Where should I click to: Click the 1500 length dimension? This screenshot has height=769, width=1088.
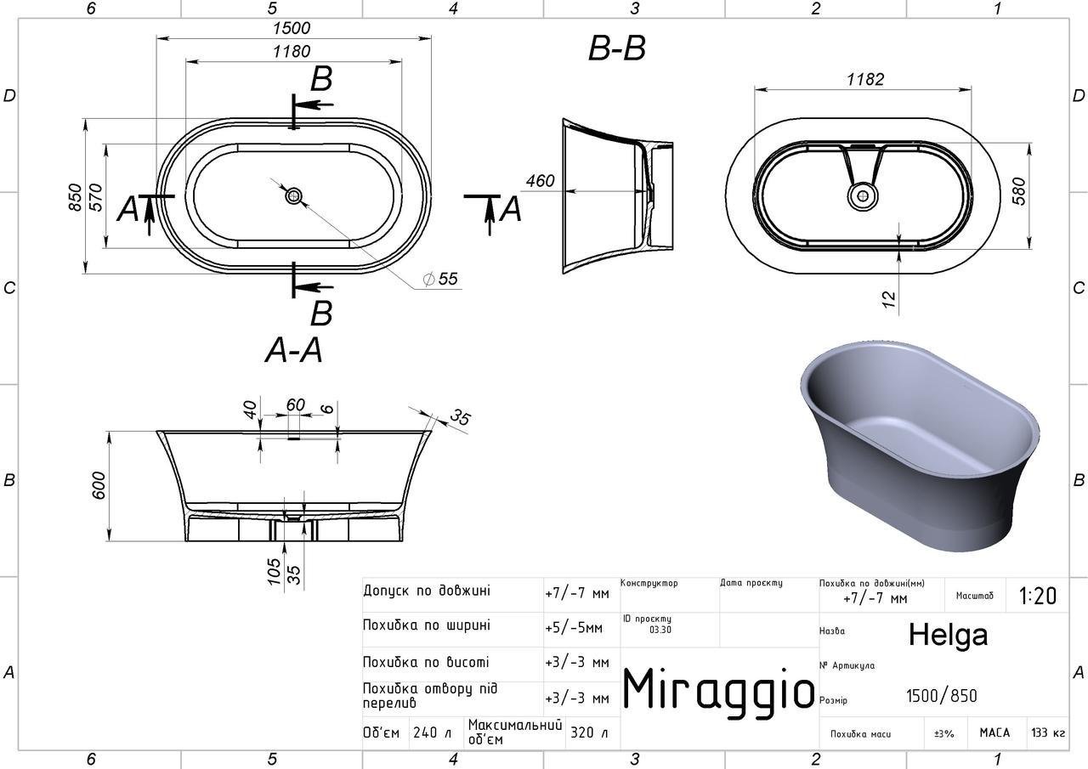pyautogui.click(x=292, y=28)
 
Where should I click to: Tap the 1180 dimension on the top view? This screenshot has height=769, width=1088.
pyautogui.click(x=292, y=52)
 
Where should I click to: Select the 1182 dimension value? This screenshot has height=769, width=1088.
pyautogui.click(x=865, y=79)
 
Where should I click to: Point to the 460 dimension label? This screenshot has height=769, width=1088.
pyautogui.click(x=540, y=181)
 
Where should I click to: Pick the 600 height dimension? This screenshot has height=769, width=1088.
pyautogui.click(x=98, y=485)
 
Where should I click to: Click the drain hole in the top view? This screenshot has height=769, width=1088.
pyautogui.click(x=293, y=196)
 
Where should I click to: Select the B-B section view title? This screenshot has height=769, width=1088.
pyautogui.click(x=617, y=48)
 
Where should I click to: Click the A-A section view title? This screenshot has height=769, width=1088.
pyautogui.click(x=294, y=350)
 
